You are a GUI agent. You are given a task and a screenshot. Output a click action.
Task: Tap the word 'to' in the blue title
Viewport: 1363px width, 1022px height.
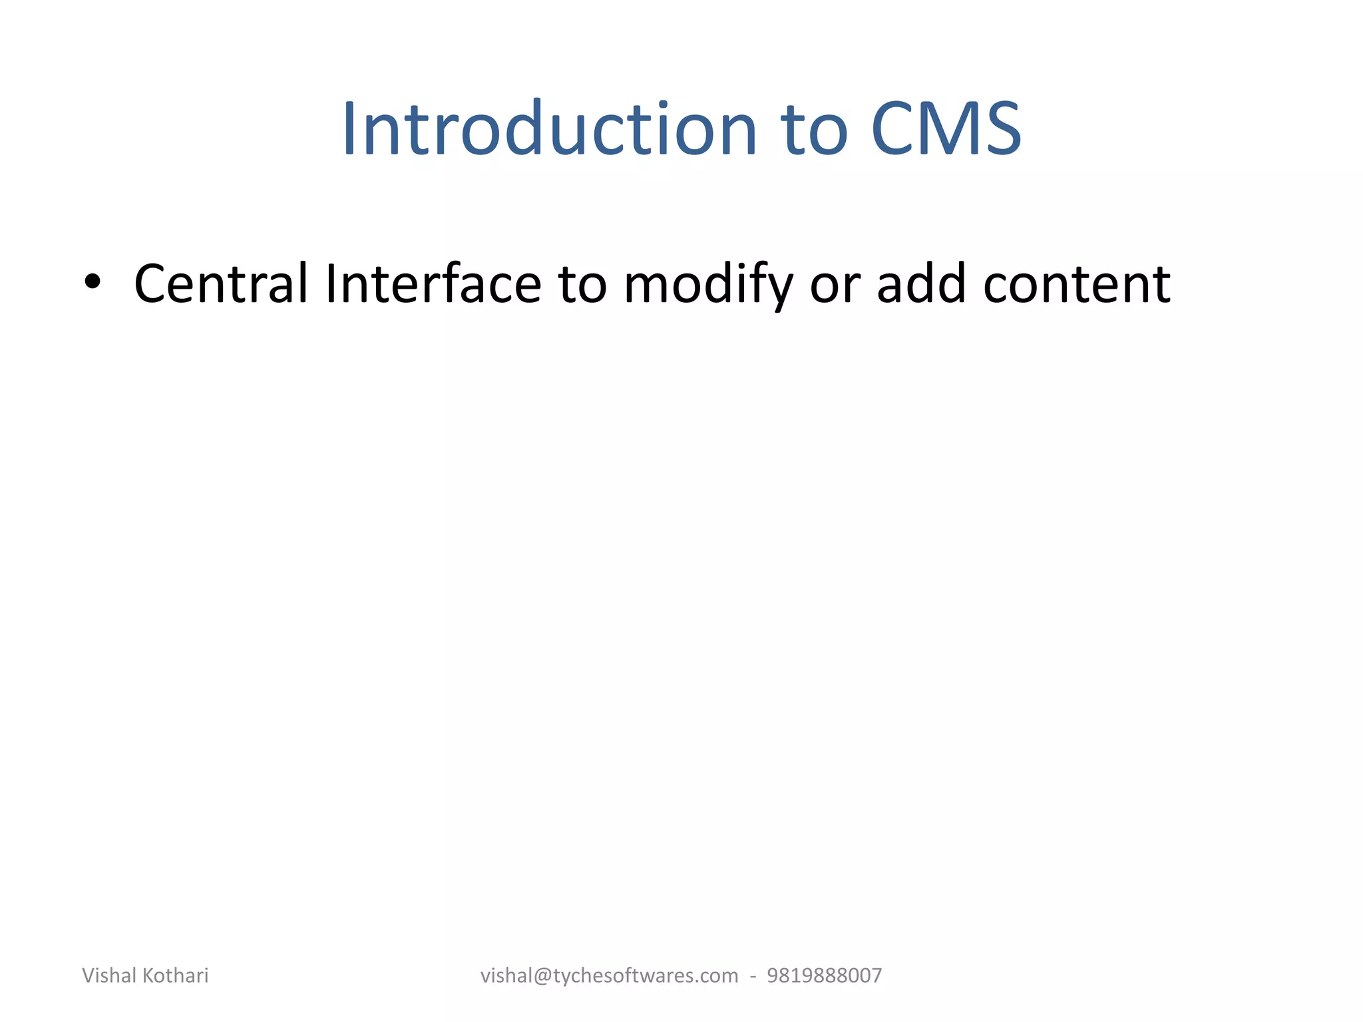point(816,130)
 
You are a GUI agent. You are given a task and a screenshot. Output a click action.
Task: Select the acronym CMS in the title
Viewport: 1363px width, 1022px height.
point(946,129)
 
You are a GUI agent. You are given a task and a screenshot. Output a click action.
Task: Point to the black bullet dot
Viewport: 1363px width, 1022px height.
point(93,282)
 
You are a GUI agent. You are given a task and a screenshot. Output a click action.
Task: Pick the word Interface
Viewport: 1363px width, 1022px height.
point(433,284)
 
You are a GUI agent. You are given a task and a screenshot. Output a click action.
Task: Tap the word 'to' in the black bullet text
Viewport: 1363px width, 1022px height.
point(582,285)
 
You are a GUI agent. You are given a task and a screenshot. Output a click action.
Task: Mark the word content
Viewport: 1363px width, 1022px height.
point(1076,285)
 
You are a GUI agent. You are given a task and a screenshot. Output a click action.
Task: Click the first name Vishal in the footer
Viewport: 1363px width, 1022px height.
point(109,975)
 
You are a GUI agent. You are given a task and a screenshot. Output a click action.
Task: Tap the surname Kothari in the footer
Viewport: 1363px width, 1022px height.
point(176,975)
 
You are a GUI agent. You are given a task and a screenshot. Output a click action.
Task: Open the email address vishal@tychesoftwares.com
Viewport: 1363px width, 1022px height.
point(609,976)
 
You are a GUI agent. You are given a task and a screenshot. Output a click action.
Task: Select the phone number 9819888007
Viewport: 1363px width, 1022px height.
point(825,976)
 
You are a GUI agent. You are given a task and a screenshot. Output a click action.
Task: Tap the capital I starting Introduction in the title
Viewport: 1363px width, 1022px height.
point(349,129)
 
